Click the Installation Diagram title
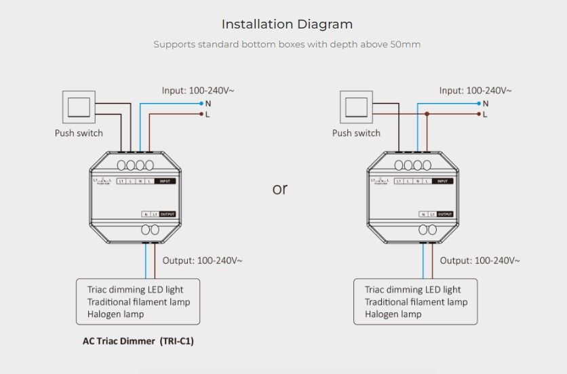coord(287,24)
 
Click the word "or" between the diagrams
coord(280,189)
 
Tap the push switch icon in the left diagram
coord(79,107)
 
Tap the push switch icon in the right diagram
coord(356,107)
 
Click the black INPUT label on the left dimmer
coord(165,181)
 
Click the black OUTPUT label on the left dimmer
coord(167,214)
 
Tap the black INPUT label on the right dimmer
coord(442,181)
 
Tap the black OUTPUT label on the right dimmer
coord(444,214)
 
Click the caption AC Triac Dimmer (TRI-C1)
coord(134,341)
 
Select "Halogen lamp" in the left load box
coord(115,314)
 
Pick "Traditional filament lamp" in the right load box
coord(416,302)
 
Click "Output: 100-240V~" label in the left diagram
coord(202,260)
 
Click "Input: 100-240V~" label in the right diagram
coord(475,90)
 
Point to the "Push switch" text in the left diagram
coord(79,133)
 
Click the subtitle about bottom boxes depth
coord(287,45)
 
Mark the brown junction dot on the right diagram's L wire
coord(427,115)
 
